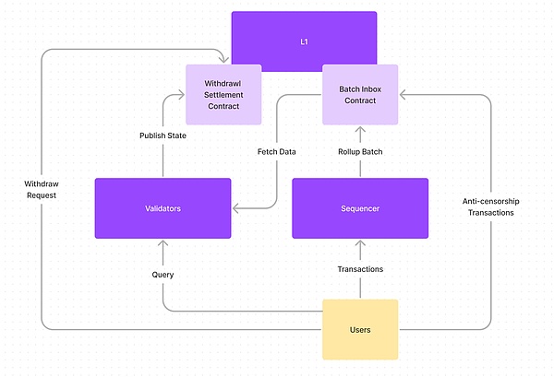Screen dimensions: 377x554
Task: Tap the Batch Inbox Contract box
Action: pos(360,95)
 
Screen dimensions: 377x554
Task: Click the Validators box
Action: pos(163,209)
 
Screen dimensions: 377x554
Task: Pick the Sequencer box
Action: pos(360,209)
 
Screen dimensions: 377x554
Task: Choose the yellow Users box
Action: pos(360,329)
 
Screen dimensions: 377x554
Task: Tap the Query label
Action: pos(163,274)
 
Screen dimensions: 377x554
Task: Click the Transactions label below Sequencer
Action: pos(360,269)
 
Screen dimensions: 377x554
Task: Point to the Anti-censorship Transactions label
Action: pos(490,206)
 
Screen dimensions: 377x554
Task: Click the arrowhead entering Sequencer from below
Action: pos(360,243)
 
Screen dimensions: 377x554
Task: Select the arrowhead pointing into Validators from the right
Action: pos(235,208)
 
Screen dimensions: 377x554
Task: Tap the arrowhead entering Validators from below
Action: pos(163,244)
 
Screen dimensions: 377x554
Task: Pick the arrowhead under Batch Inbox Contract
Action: pos(360,130)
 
